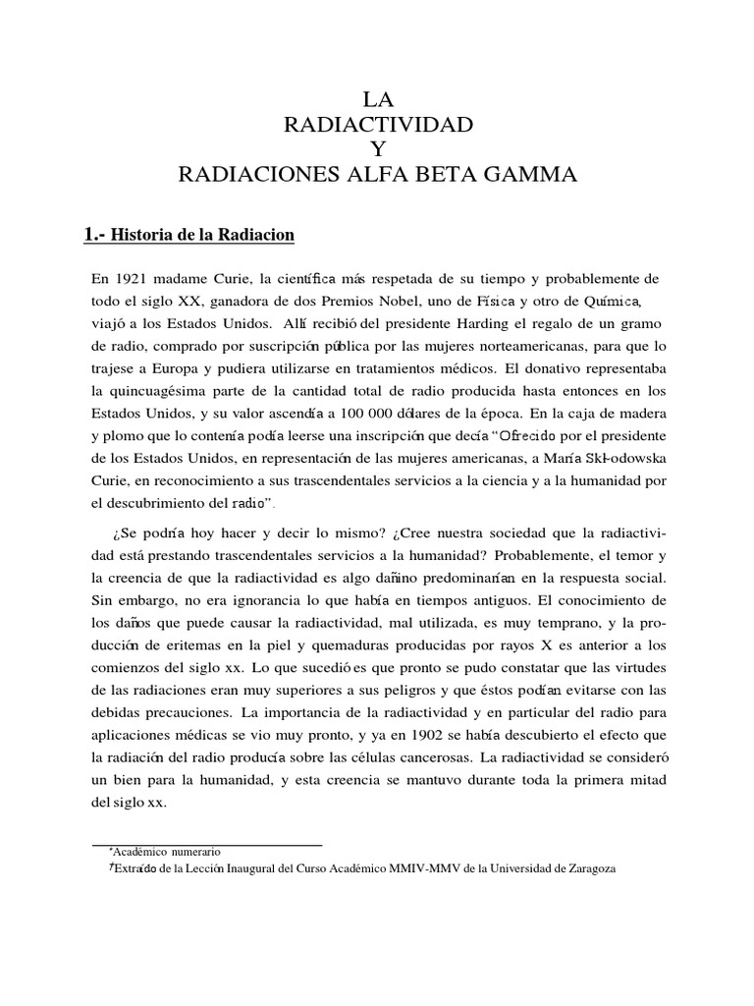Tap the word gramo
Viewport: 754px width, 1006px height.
pos(636,324)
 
